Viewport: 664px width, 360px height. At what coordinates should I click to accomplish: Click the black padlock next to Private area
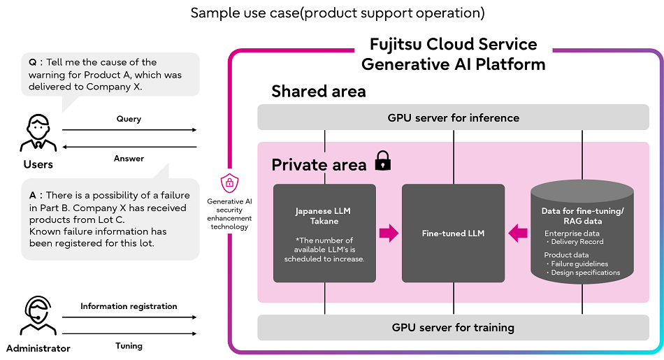pos(382,161)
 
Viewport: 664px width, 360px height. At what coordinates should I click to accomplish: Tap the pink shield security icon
pos(229,183)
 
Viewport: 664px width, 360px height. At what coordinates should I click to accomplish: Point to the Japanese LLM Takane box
pos(324,233)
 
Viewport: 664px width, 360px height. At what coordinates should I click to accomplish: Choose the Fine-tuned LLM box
pos(453,233)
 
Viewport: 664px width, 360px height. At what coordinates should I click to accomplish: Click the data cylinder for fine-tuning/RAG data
pos(582,233)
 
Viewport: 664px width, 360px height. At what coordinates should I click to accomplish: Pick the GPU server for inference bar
pos(453,117)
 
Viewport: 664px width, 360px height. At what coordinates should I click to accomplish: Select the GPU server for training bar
pos(453,327)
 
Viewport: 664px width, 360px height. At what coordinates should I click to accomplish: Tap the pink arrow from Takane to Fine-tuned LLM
pos(389,233)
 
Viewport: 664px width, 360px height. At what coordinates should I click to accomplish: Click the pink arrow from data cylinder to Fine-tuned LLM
pos(518,233)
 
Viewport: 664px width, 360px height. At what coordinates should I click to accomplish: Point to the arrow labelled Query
pos(129,129)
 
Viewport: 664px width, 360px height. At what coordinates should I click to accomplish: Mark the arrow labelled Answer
pos(129,147)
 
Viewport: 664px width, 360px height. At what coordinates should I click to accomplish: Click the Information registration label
pos(129,306)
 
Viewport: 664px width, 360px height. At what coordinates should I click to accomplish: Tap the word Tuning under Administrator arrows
pos(129,345)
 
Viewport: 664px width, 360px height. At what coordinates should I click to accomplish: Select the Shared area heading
pos(318,91)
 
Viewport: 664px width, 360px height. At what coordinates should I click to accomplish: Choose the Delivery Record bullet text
pos(577,242)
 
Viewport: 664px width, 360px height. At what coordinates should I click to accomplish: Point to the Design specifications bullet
pos(584,273)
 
